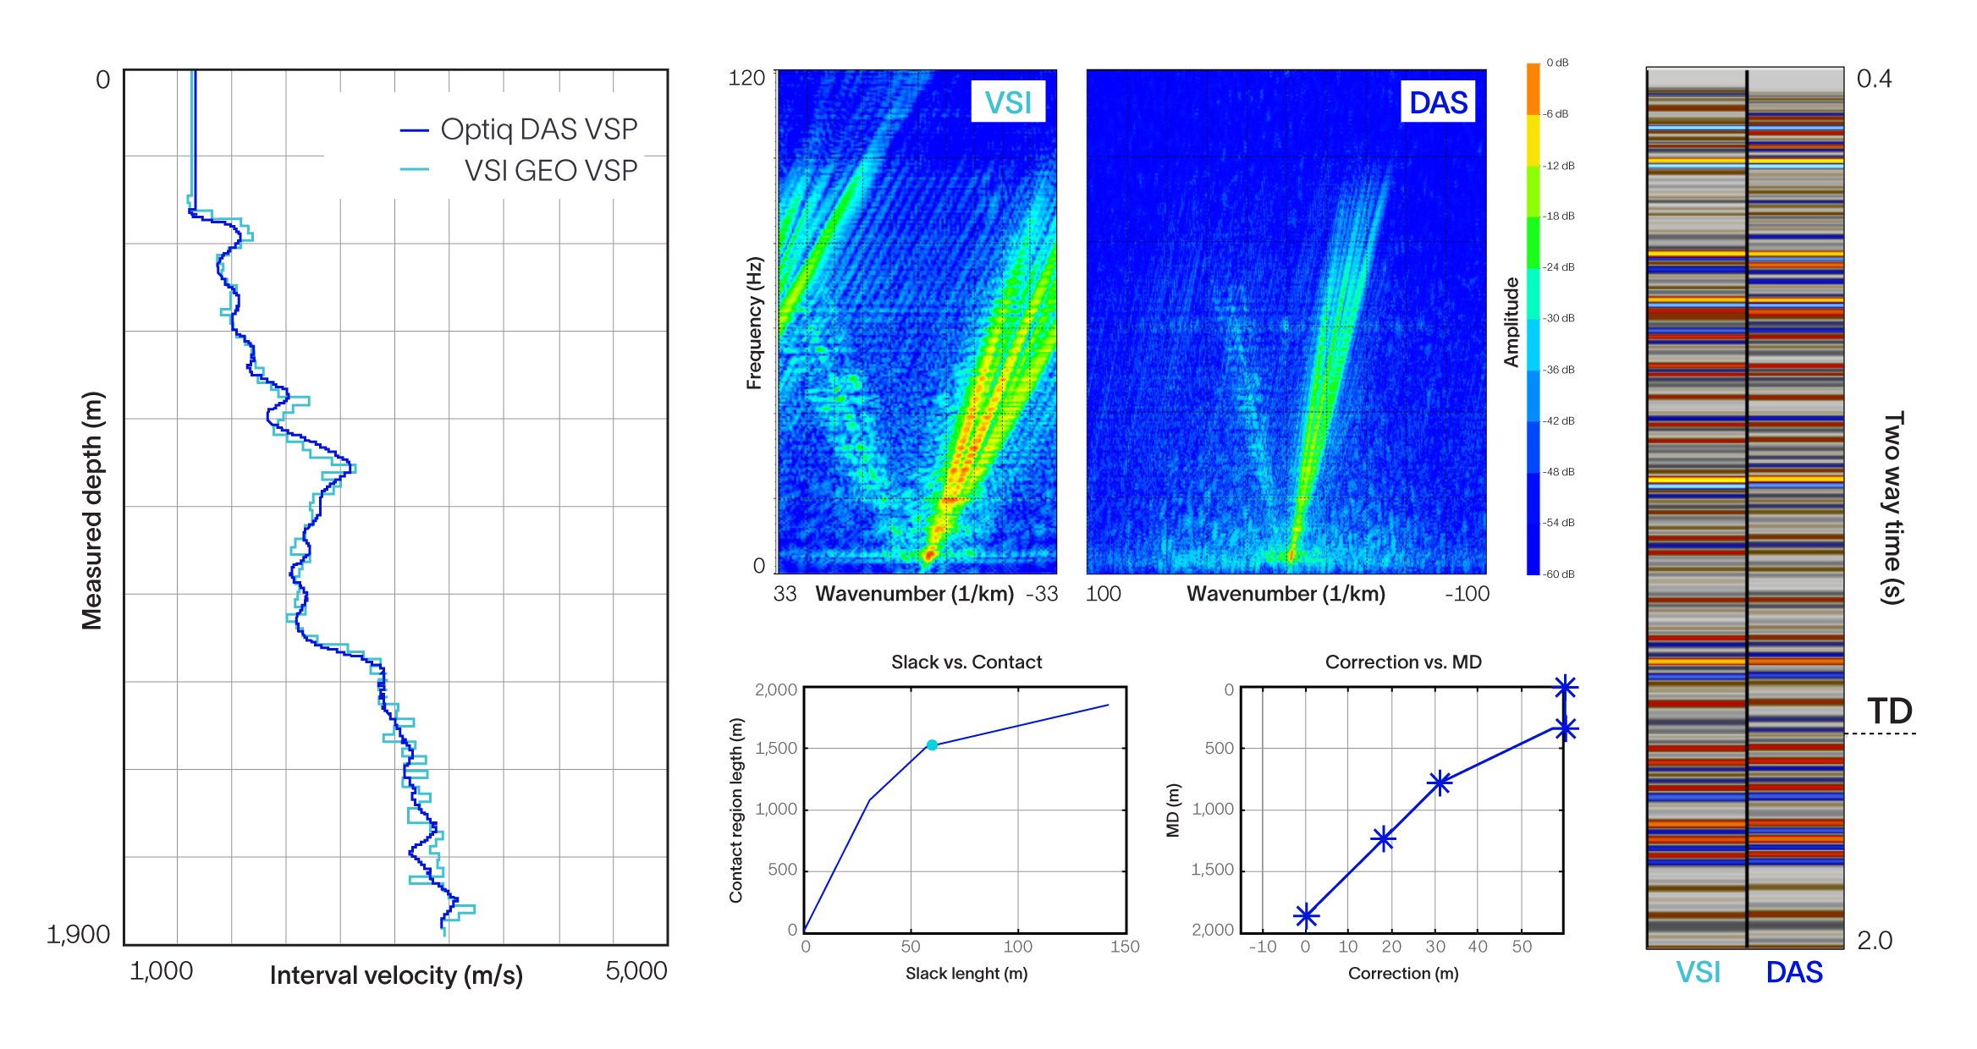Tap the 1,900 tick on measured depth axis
(78, 934)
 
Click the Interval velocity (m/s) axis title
(396, 975)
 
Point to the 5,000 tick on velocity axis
(636, 970)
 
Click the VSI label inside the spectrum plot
(1007, 102)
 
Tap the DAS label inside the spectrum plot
(1437, 102)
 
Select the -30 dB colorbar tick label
(1558, 318)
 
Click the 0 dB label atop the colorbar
(1557, 63)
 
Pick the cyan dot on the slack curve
(932, 745)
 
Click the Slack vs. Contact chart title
(966, 662)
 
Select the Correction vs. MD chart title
(1402, 662)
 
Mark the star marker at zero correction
(1306, 915)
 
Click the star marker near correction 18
(1383, 838)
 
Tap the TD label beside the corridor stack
(1889, 711)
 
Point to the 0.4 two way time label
(1874, 79)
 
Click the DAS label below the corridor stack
(1793, 972)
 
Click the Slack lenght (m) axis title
(966, 973)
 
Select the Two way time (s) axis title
(1893, 508)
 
